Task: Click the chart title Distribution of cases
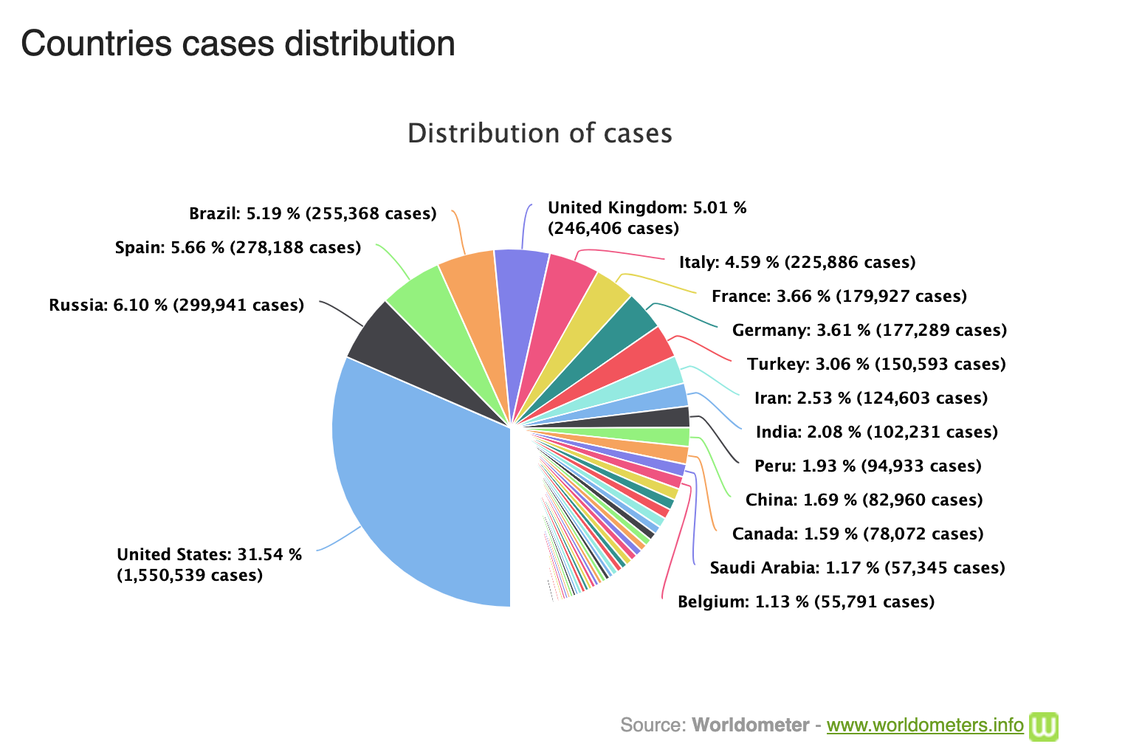pos(540,134)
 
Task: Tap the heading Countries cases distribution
pos(238,44)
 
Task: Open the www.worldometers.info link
pos(925,725)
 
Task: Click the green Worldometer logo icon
pos(1044,725)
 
